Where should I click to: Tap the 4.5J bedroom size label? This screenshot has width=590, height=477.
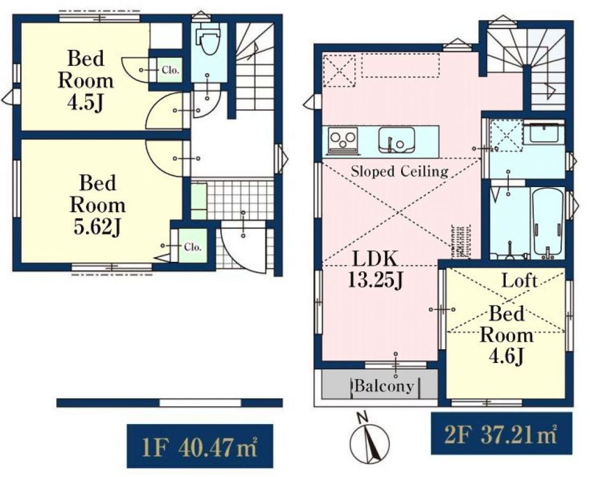(x=85, y=103)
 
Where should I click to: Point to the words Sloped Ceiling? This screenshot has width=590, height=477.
(x=400, y=171)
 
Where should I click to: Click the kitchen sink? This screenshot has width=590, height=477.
(x=396, y=140)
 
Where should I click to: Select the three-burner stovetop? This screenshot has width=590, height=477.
(x=343, y=140)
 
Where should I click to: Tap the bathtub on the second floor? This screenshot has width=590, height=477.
(x=548, y=223)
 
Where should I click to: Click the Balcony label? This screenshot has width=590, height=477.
(x=384, y=386)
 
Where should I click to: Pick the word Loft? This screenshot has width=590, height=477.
(x=519, y=280)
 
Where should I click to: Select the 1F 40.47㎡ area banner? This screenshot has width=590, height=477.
(x=200, y=446)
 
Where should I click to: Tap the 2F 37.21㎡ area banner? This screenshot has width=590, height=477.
(x=501, y=433)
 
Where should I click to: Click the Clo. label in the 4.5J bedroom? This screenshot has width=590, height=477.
(x=170, y=70)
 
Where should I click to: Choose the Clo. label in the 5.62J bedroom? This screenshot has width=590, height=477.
(x=193, y=247)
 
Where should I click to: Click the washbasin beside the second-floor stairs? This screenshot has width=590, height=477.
(x=543, y=134)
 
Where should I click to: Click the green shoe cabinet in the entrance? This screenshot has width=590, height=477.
(x=198, y=201)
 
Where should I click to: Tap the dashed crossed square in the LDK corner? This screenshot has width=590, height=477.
(x=339, y=70)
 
